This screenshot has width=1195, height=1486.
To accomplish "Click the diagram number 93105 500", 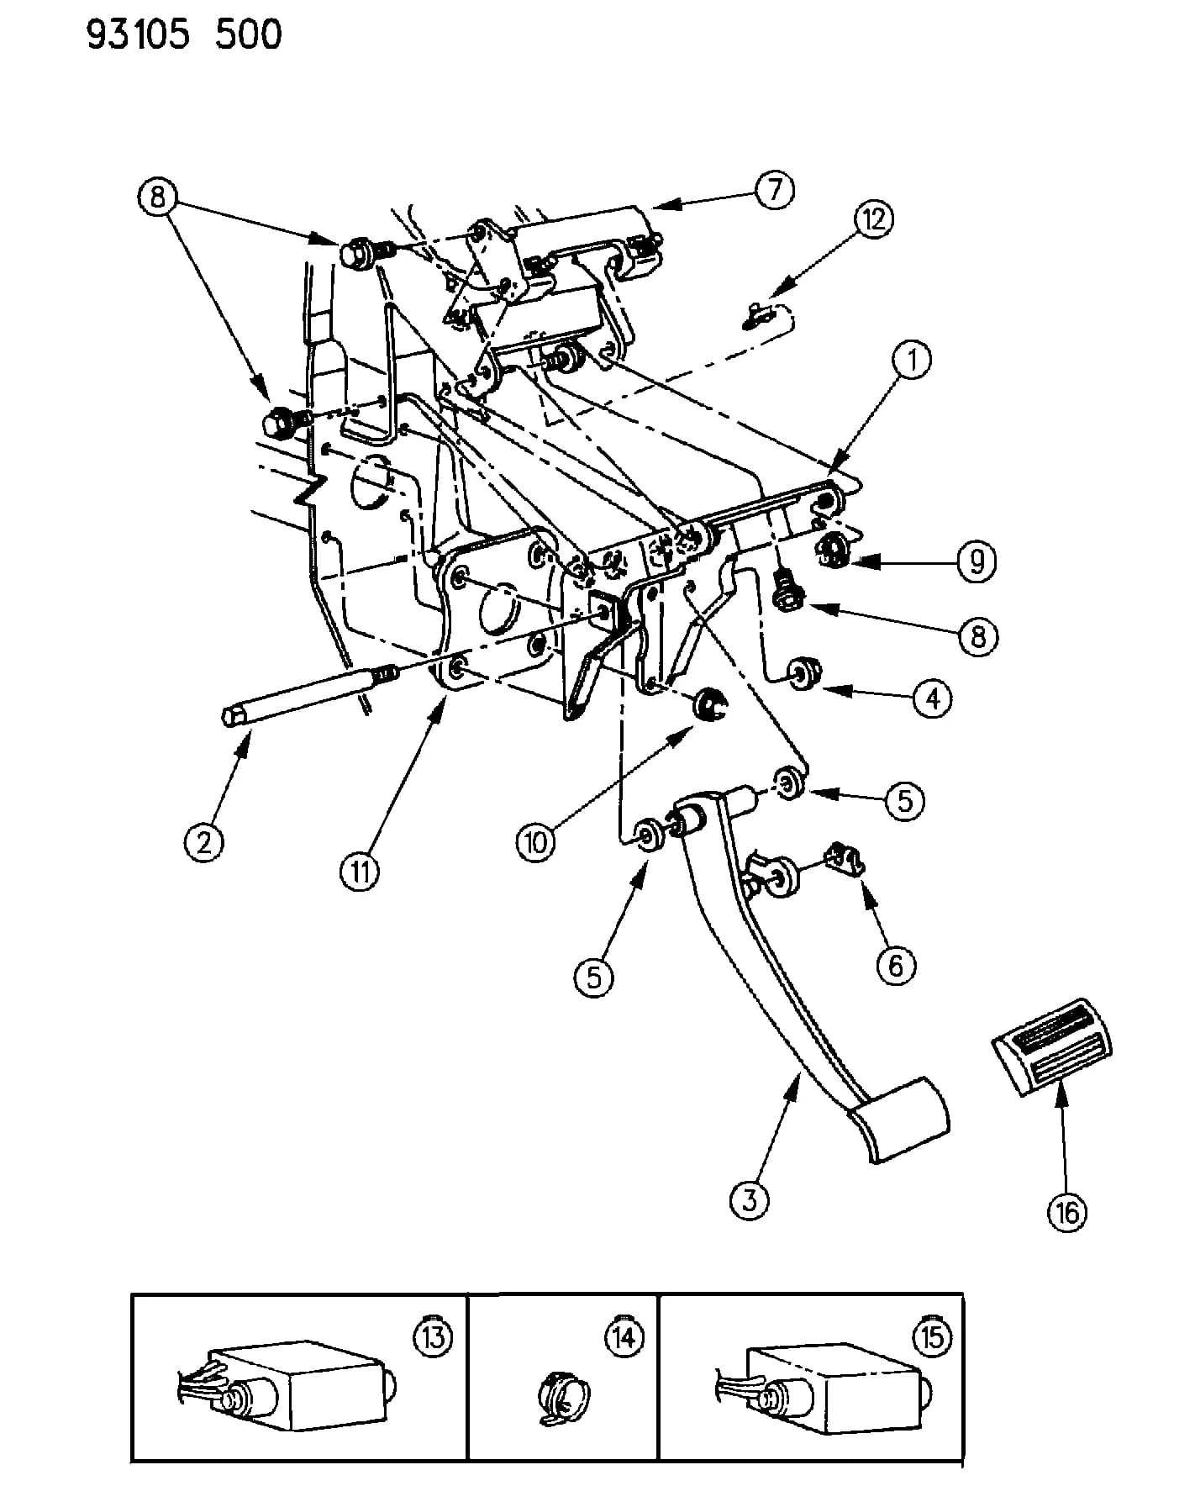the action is tap(184, 34).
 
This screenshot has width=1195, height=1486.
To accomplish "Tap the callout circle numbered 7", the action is tap(774, 190).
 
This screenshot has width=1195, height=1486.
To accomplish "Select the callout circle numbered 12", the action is tap(873, 219).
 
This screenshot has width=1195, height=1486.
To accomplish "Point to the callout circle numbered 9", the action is tap(976, 561).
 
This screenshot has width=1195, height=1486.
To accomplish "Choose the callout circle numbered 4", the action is tap(932, 698).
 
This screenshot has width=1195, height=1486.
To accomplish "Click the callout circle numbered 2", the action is tap(204, 841).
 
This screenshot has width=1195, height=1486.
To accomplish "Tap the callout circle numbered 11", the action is tap(360, 872).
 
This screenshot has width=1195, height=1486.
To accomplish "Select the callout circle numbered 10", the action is tap(537, 840).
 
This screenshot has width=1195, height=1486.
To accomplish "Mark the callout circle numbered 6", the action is tap(896, 965).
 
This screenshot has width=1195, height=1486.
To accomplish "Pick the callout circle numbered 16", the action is tap(1067, 1212).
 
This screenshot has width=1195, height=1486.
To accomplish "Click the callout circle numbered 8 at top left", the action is tap(158, 198).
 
